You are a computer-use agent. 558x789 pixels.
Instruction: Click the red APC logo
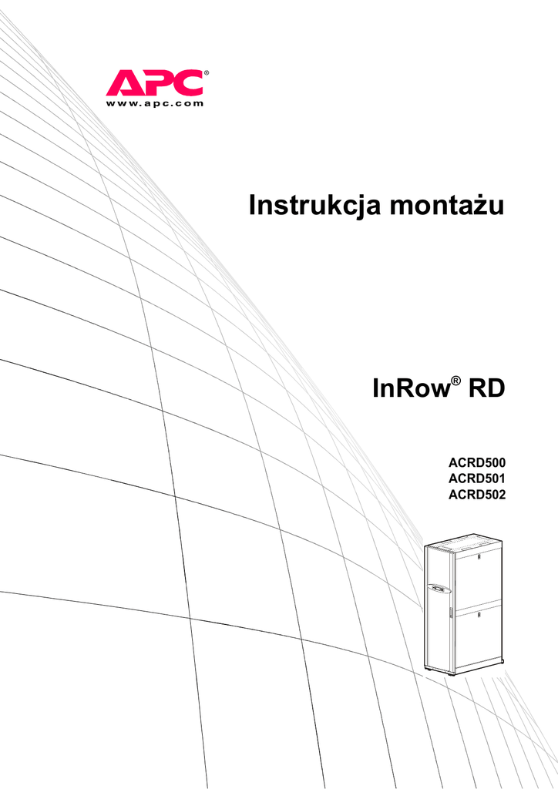point(154,82)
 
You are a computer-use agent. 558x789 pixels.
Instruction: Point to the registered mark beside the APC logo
point(207,74)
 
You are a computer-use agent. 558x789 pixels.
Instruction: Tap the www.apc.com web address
point(154,103)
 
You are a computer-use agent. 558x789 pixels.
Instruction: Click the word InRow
point(411,388)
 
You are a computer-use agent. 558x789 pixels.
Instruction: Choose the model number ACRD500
point(477,465)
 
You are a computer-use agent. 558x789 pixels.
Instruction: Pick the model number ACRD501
point(477,480)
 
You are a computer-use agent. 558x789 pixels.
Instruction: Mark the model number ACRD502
point(477,495)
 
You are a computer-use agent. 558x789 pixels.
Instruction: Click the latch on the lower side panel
point(479,616)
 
